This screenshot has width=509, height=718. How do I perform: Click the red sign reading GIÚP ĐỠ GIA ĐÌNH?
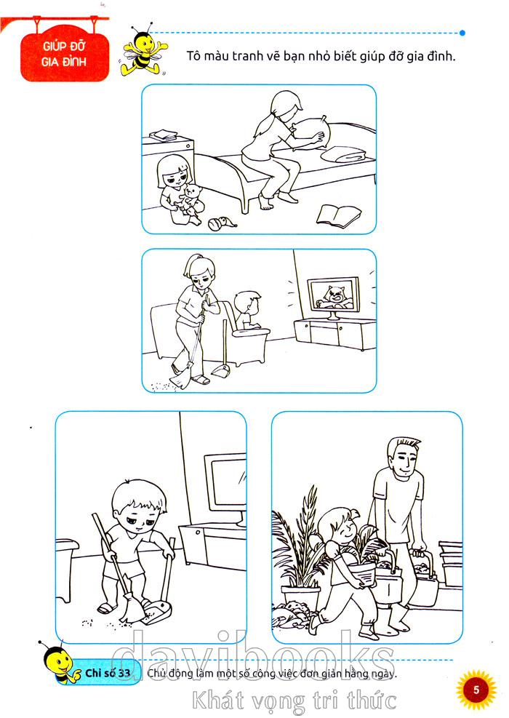pyautogui.click(x=65, y=54)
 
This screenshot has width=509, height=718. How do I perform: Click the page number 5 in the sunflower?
pyautogui.click(x=476, y=690)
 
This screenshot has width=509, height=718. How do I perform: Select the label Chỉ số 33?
pyautogui.click(x=108, y=673)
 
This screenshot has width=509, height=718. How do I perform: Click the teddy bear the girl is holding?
pyautogui.click(x=192, y=198)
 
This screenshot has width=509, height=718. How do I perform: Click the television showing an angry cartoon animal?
pyautogui.click(x=333, y=297)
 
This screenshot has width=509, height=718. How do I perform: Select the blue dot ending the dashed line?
pyautogui.click(x=462, y=33)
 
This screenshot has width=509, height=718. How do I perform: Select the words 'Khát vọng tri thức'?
pyautogui.click(x=294, y=701)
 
